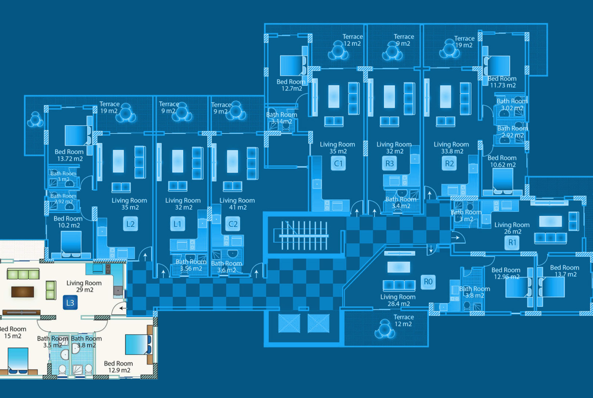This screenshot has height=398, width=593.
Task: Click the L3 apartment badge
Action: click(70, 303)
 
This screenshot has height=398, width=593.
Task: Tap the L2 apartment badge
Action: click(130, 224)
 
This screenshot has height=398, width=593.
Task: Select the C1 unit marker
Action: click(338, 163)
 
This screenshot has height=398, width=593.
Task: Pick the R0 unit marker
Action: click(428, 282)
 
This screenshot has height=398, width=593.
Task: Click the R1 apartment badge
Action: click(512, 242)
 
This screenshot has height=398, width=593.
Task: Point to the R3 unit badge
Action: click(389, 163)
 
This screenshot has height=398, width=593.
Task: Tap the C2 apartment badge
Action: click(233, 224)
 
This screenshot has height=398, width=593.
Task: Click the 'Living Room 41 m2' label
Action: click(237, 204)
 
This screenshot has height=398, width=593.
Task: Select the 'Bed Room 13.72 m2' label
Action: click(69, 155)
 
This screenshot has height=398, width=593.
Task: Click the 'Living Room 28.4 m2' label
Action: click(398, 300)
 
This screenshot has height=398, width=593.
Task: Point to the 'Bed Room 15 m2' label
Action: click(13, 333)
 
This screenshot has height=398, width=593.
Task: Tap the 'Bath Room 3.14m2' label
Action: click(281, 118)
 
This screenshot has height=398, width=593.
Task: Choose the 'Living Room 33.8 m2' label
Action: click(451, 148)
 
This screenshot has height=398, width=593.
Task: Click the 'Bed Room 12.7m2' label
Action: click(291, 85)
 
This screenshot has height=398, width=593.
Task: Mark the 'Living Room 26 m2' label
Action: click(512, 228)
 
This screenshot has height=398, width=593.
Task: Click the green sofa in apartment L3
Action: click(23, 274)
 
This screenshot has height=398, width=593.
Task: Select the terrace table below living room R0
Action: click(383, 330)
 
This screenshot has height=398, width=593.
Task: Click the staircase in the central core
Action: click(301, 235)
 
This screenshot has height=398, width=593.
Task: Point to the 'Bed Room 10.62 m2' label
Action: click(502, 161)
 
